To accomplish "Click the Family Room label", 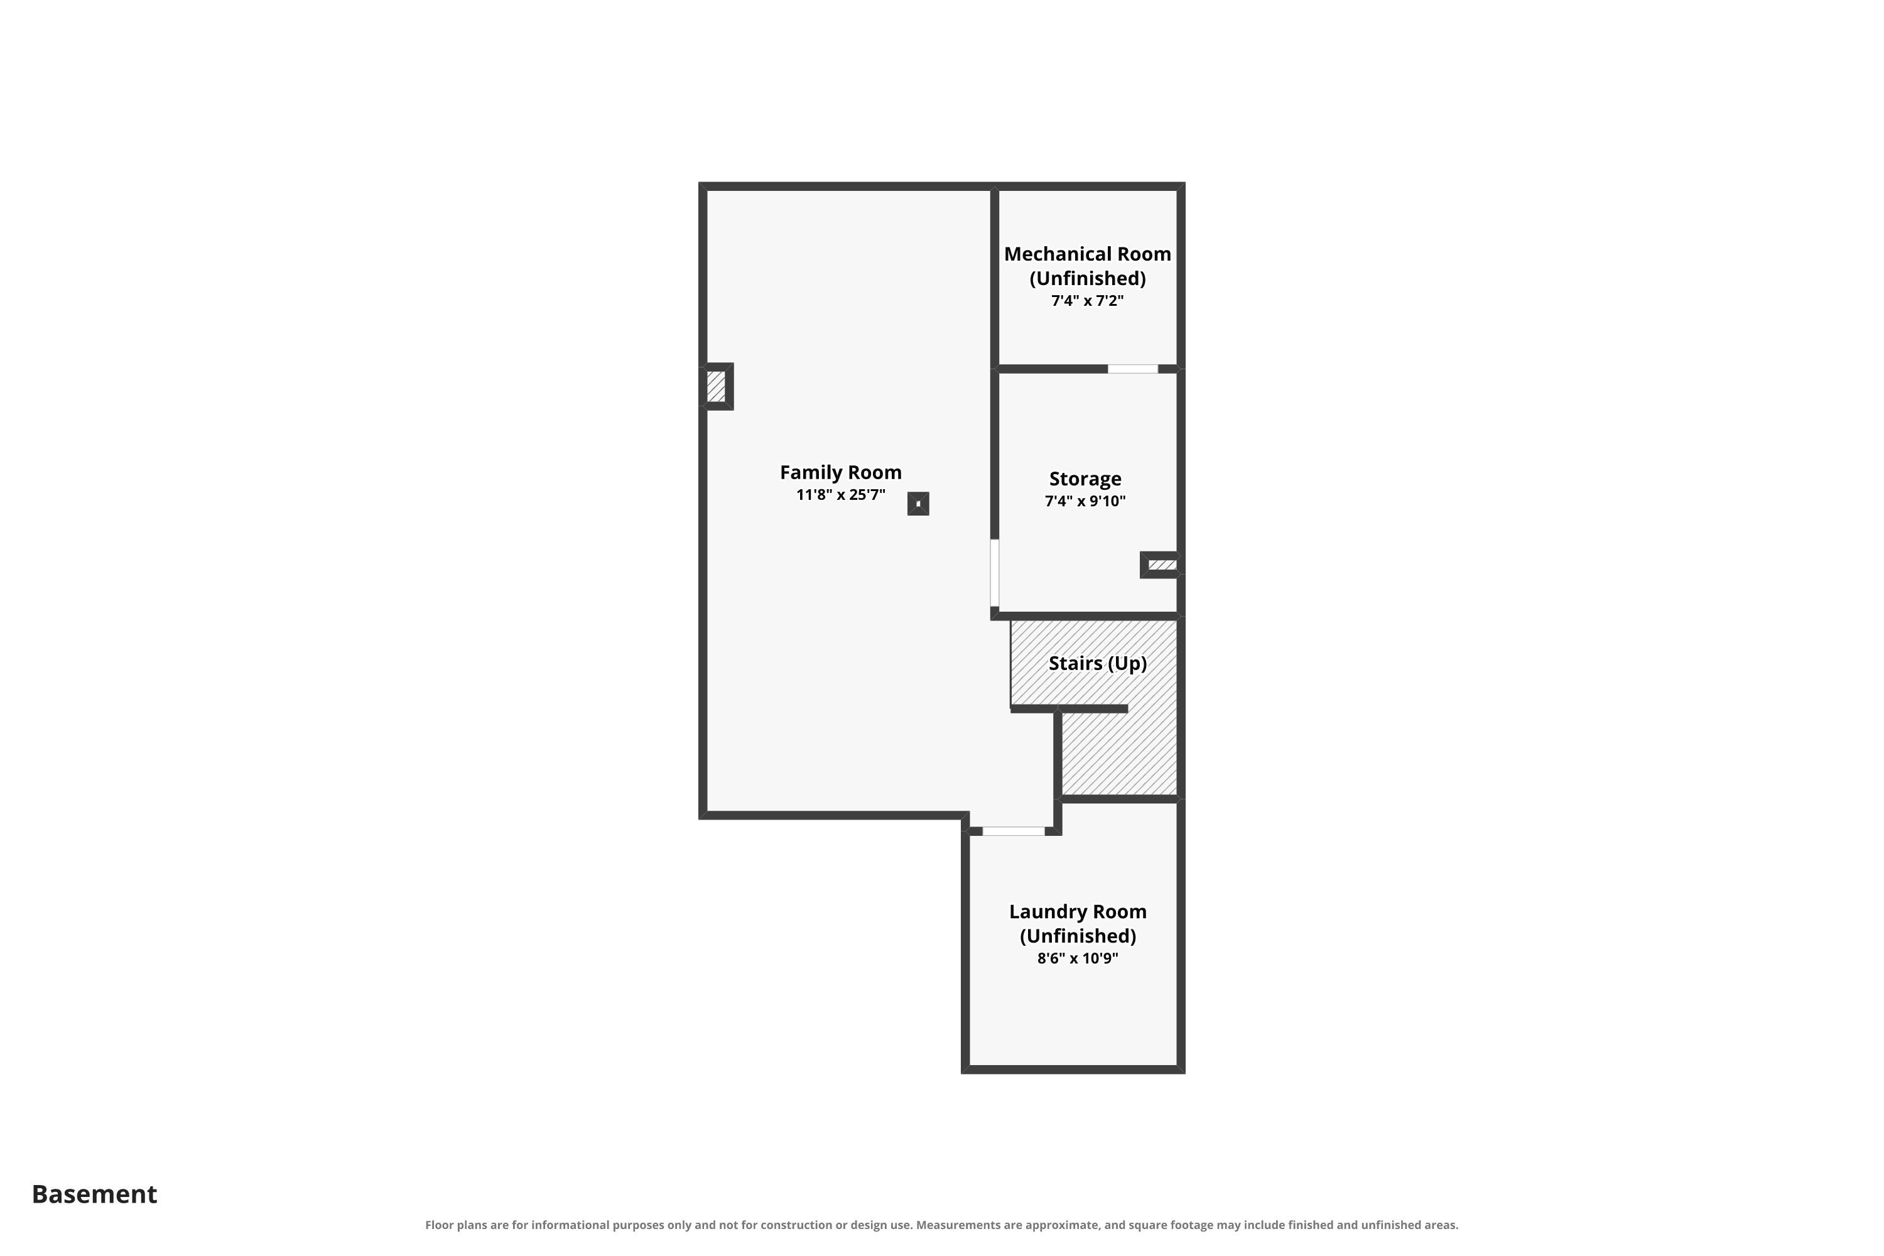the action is (x=840, y=473).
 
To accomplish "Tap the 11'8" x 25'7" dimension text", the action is (x=840, y=495).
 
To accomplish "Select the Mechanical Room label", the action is (x=1087, y=254).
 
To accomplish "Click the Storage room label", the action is (x=1085, y=479).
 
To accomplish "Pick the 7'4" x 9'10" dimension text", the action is (x=1085, y=501).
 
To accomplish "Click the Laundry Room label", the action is (x=1078, y=912).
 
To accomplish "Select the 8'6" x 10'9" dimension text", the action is (x=1078, y=959).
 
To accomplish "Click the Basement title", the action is (x=95, y=1194).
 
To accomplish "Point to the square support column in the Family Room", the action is (x=918, y=504).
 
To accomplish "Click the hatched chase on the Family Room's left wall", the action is (x=716, y=387).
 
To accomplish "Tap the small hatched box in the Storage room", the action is (x=1161, y=565).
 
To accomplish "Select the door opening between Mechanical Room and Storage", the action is (x=1133, y=369).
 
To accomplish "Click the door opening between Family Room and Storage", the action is (x=995, y=573).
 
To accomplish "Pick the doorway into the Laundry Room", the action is (x=1014, y=831).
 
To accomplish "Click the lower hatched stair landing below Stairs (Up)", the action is (x=1119, y=754).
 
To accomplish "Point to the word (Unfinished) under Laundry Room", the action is (x=1078, y=936).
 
